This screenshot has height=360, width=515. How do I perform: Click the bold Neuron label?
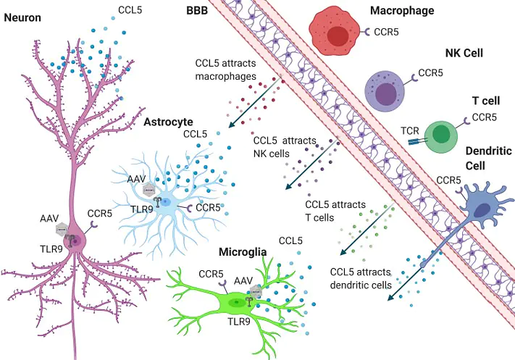click(22, 17)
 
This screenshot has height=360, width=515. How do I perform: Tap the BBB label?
click(197, 11)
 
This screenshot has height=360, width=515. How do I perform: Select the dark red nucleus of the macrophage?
click(338, 36)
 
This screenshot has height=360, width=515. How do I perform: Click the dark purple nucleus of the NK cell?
click(386, 95)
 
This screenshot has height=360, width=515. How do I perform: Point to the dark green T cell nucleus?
click(441, 135)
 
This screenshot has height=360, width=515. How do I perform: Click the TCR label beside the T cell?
click(410, 130)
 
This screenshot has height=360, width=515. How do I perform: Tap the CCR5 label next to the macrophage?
click(386, 32)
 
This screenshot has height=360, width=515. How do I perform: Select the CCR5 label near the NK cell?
click(430, 72)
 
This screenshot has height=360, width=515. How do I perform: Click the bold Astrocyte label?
click(168, 122)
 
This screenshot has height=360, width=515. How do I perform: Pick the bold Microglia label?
click(243, 252)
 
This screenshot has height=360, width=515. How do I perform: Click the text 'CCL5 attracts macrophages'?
click(226, 70)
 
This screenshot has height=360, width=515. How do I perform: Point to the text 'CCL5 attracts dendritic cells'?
click(361, 279)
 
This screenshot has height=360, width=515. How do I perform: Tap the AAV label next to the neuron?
click(49, 219)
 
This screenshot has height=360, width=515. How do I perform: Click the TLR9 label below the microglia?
click(239, 321)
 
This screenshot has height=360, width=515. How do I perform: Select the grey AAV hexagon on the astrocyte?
click(149, 191)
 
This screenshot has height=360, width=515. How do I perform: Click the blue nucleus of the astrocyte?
click(165, 202)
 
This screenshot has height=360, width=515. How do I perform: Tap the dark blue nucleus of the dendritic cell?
click(482, 210)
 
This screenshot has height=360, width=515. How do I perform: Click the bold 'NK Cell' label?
click(464, 53)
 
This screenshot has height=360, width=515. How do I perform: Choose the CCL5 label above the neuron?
click(130, 10)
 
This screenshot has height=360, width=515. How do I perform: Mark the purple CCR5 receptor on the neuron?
click(94, 225)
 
